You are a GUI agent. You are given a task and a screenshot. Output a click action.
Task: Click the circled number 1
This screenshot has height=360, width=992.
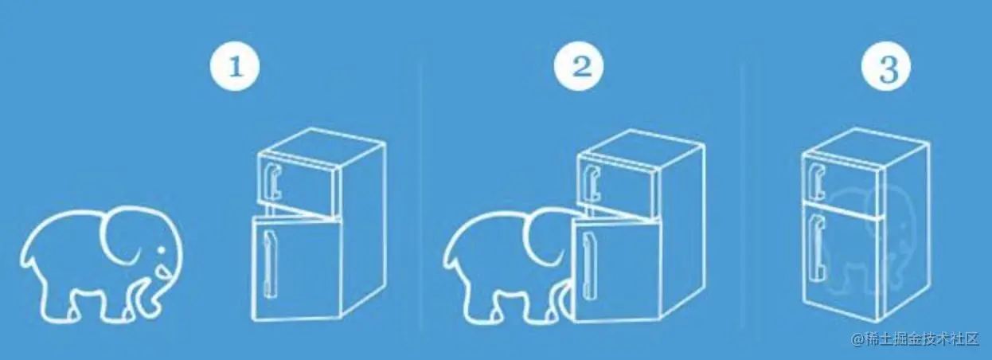coord(235,66)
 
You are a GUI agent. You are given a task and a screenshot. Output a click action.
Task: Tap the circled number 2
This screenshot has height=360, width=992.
coord(578,66)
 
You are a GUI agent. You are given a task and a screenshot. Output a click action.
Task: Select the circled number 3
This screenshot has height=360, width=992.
coord(885,66)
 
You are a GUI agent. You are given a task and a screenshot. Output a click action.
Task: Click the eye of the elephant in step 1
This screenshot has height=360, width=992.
coord(161,251)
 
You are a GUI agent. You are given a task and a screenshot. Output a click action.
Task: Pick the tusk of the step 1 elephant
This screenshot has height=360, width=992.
coord(163,271)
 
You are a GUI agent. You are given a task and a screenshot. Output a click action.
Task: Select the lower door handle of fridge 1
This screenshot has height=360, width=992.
coord(269,264)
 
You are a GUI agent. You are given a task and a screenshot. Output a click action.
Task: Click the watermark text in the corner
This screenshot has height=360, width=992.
coord(916,339)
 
